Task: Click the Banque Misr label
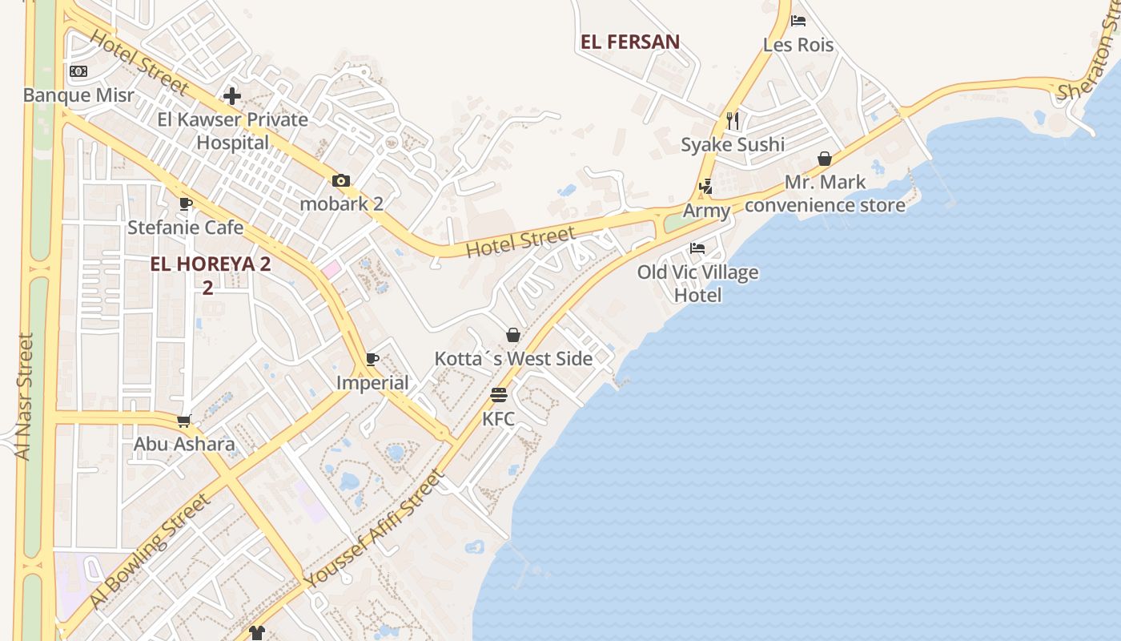78,95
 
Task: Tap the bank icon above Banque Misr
78,71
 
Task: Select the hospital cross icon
232,96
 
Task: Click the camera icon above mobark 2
341,180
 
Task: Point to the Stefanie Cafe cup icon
186,204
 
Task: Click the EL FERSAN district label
630,42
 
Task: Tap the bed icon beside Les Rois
798,21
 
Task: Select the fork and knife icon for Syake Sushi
733,120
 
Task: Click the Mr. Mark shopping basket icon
825,159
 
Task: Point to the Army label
706,211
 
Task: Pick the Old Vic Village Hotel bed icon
697,248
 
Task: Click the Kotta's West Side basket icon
513,335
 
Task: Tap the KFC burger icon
499,395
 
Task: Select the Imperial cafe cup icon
372,359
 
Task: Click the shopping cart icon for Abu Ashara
184,421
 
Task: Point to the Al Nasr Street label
25,397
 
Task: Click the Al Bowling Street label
151,550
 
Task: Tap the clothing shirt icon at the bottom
256,633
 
